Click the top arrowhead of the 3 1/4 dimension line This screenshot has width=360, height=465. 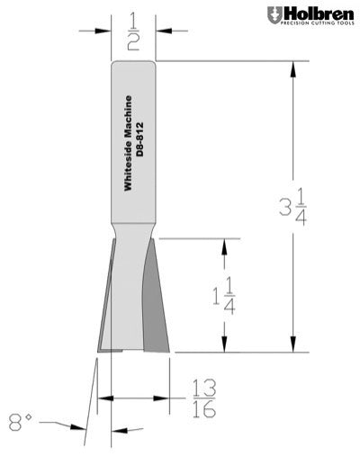point(292,67)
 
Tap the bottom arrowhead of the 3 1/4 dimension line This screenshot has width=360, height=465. point(292,346)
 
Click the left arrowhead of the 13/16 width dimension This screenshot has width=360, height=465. point(103,396)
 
